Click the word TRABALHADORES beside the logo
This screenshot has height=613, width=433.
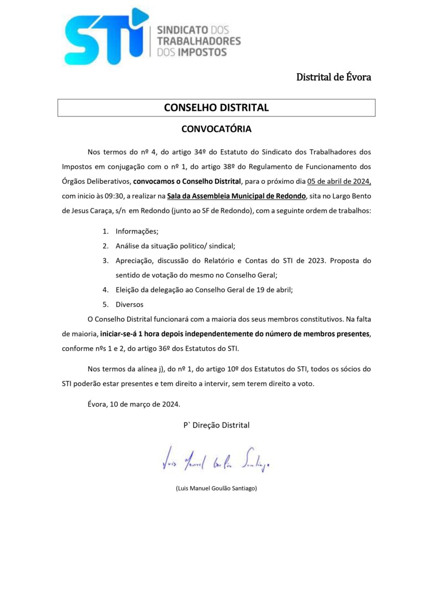[199, 41]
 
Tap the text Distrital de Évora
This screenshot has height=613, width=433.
[333, 77]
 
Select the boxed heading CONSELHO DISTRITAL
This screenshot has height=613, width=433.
[216, 108]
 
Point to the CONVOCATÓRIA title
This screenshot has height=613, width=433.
[216, 129]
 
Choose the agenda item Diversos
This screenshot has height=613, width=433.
[130, 304]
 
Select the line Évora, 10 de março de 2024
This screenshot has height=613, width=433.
[134, 404]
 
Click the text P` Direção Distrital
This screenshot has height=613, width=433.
[216, 425]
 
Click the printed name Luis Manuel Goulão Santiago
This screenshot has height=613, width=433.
[216, 488]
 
